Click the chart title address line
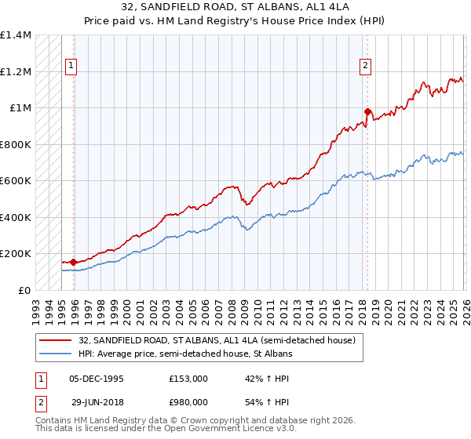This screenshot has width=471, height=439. tap(235, 7)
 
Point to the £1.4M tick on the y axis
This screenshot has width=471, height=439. tap(16, 35)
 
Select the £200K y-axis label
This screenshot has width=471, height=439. tap(16, 254)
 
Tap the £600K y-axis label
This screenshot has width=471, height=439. tap(16, 181)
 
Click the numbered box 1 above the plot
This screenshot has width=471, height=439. tap(71, 67)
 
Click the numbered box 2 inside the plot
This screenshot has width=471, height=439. tap(366, 67)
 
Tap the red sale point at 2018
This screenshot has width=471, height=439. tap(367, 111)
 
